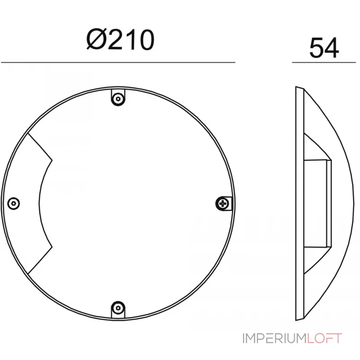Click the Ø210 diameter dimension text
click(x=120, y=40)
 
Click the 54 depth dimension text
click(x=324, y=48)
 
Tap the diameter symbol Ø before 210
click(x=96, y=40)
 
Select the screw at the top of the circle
click(x=118, y=99)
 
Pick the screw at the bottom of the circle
click(x=118, y=307)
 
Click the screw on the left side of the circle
click(x=13, y=203)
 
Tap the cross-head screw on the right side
click(x=222, y=203)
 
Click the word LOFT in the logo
click(x=324, y=338)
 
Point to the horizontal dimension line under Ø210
click(x=118, y=62)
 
